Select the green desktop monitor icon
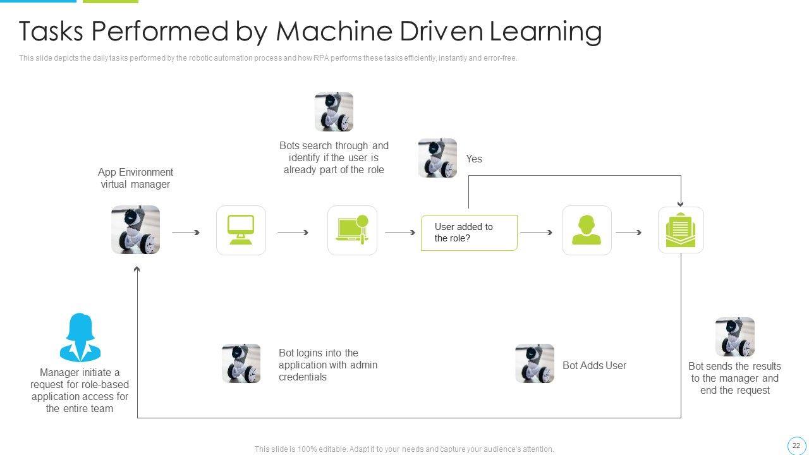coord(241,230)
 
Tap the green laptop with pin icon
coord(352,230)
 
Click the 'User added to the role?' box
coord(469,233)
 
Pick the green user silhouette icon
coord(587,230)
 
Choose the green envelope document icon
coord(681,230)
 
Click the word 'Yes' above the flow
coord(474,159)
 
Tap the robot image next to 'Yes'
coord(437,158)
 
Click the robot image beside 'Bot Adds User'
coord(535,363)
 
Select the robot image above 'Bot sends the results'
coord(734,337)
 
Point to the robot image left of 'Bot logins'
coord(241,363)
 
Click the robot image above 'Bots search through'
coord(334,112)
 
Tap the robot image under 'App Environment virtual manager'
coord(135,229)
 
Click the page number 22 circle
coord(796,446)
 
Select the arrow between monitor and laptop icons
coord(293,233)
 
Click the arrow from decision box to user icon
coord(537,233)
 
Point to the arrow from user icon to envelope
coord(629,233)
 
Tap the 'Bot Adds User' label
coord(594,365)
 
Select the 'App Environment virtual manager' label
coord(135,178)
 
